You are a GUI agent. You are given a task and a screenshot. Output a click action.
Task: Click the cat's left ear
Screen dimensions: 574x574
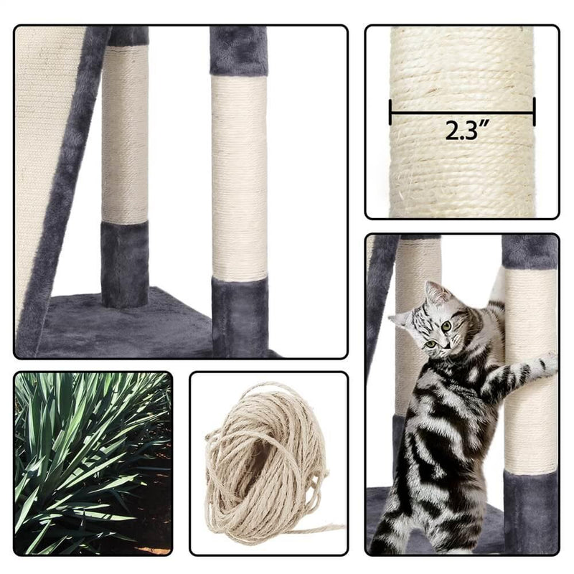tap(433, 292)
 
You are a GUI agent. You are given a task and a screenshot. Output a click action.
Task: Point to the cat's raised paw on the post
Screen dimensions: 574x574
tap(545, 362)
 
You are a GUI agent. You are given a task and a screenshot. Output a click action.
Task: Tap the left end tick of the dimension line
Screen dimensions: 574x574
tap(390, 112)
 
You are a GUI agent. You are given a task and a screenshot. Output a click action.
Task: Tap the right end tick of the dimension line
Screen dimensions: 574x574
tap(534, 112)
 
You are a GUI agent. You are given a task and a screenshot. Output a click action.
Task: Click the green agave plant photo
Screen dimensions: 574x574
tap(93, 463)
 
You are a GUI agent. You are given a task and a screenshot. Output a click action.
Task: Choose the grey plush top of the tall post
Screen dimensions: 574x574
tap(238, 50)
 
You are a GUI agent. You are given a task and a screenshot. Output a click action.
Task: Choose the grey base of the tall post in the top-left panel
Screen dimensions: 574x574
tap(240, 316)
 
